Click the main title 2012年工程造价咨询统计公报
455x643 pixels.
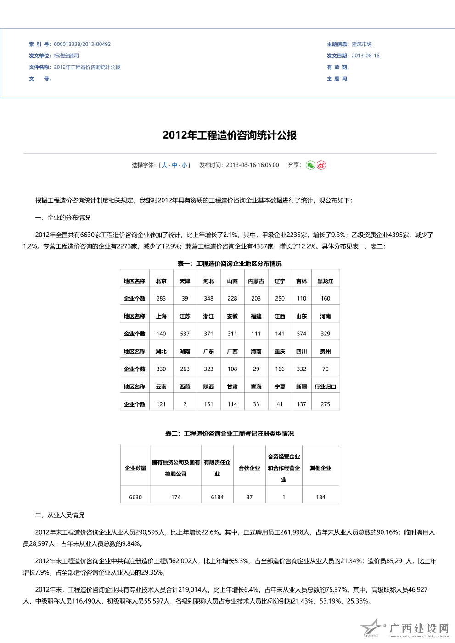coord(230,135)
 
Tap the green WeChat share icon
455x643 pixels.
coord(310,165)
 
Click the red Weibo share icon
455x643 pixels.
coord(321,165)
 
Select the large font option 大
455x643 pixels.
coord(164,165)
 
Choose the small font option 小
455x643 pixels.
coord(184,165)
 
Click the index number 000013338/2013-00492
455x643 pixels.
coord(82,45)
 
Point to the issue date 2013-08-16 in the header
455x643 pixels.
coord(365,56)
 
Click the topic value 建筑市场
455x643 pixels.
coord(362,45)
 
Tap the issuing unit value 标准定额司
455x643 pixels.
coord(66,56)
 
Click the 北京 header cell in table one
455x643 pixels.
coord(161,281)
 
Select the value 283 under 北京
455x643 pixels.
coord(161,299)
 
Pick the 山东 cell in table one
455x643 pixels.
coord(302,317)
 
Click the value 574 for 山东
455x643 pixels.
coord(302,334)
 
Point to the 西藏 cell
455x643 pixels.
coord(185,387)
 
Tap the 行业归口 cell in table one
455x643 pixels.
coord(326,387)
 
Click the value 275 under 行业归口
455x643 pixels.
coord(326,404)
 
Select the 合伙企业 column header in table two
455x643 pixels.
coord(249,469)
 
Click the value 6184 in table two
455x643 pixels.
coord(217,498)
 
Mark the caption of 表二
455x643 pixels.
coord(230,434)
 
